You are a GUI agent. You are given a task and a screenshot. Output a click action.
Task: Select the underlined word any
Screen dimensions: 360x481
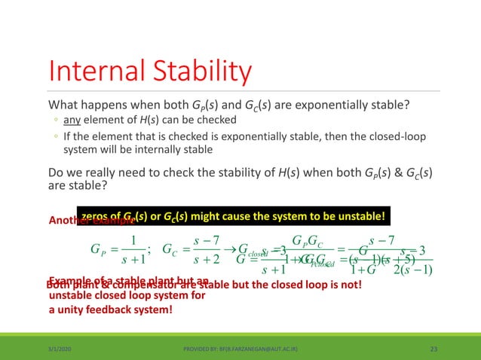[70, 121]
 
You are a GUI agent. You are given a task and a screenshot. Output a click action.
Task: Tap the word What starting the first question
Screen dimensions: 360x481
[64, 104]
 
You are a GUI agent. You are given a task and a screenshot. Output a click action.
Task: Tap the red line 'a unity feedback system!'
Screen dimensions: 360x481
[109, 309]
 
